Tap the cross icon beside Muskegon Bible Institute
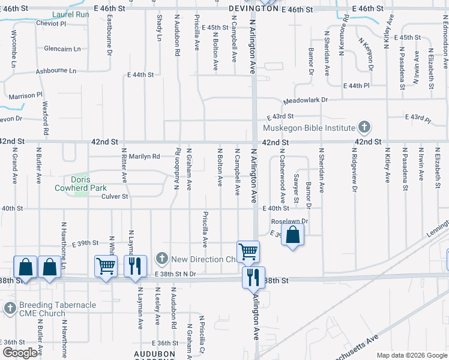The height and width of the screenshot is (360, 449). (x=363, y=127)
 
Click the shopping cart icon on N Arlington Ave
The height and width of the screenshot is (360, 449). (x=248, y=251)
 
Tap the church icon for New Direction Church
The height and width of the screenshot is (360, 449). (x=161, y=259)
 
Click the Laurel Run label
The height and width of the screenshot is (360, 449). (x=71, y=14)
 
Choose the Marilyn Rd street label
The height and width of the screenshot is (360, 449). (x=144, y=156)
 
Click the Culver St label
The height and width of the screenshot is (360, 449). (x=115, y=196)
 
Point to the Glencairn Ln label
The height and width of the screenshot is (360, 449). (x=62, y=49)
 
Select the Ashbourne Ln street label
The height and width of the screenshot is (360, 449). (x=56, y=71)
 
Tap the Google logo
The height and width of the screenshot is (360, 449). (x=20, y=352)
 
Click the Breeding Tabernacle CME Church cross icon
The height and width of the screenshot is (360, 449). (x=10, y=308)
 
